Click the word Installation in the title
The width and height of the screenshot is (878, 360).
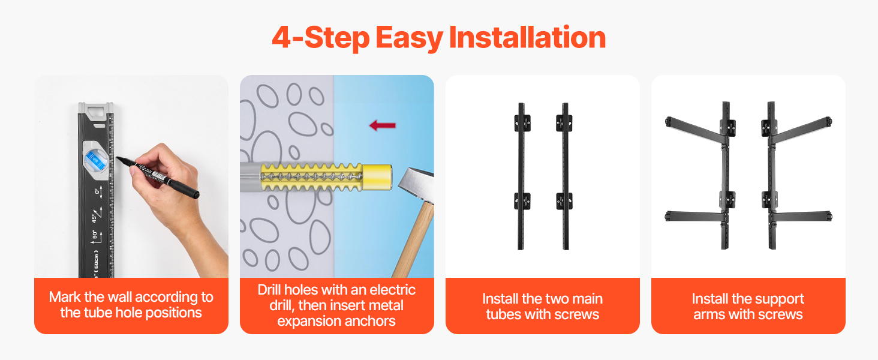click(527, 37)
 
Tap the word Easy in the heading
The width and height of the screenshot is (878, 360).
click(409, 38)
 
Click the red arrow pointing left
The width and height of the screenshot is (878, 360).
click(383, 125)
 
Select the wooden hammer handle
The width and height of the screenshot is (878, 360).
click(414, 239)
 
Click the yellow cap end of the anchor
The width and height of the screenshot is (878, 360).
click(377, 177)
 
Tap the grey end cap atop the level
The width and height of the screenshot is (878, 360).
click(96, 110)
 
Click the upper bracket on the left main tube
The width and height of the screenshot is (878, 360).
click(522, 123)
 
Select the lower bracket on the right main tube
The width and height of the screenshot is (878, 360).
click(564, 201)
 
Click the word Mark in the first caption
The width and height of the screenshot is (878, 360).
click(65, 297)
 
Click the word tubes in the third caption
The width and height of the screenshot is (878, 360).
click(503, 314)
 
